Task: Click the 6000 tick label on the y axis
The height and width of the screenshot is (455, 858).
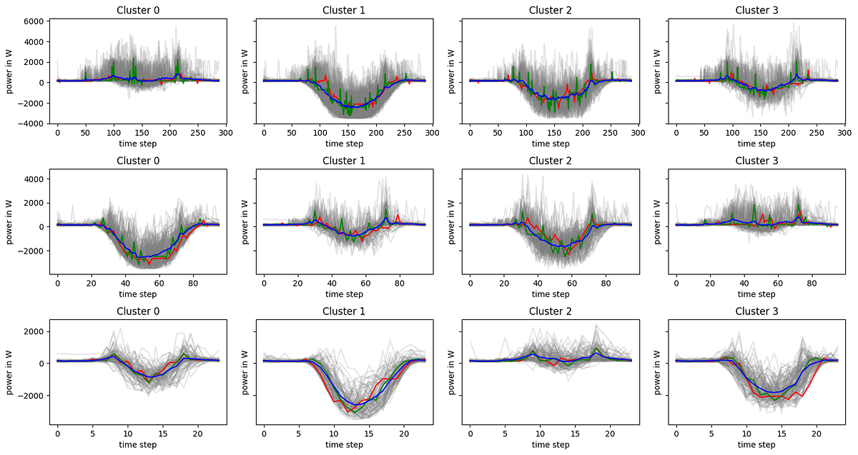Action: pyautogui.click(x=35, y=21)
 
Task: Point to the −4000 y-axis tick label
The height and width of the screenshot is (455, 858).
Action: pyautogui.click(x=33, y=124)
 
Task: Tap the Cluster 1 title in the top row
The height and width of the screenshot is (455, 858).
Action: pyautogui.click(x=344, y=10)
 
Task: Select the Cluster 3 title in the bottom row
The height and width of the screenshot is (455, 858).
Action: pyautogui.click(x=756, y=311)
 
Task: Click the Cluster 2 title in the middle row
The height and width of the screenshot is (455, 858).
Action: pyautogui.click(x=551, y=161)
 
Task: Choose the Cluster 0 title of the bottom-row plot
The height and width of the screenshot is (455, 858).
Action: pyautogui.click(x=138, y=311)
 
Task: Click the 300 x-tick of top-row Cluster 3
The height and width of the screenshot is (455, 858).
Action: pyautogui.click(x=844, y=133)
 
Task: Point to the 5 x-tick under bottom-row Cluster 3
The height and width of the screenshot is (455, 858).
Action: pyautogui.click(x=711, y=434)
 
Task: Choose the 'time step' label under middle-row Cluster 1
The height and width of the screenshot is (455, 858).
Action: pyautogui.click(x=344, y=294)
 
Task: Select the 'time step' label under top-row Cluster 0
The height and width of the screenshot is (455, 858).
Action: pyautogui.click(x=138, y=144)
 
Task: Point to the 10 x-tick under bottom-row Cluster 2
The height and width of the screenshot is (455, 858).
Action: pyautogui.click(x=540, y=434)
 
